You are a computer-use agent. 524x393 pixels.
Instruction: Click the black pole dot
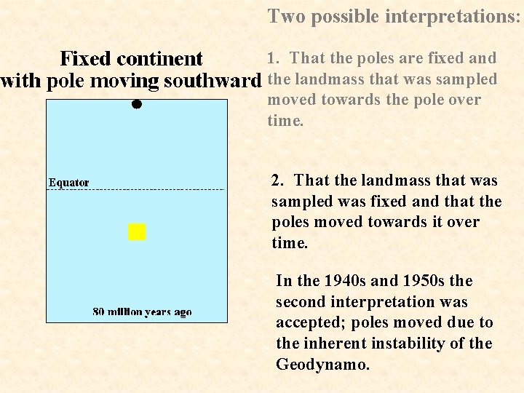(x=136, y=104)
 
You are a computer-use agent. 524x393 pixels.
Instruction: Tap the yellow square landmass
(x=137, y=231)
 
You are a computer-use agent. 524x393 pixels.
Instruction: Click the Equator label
(x=69, y=182)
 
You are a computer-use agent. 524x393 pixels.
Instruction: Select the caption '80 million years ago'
(x=142, y=311)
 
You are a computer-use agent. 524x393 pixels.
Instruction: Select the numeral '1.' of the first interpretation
(x=273, y=58)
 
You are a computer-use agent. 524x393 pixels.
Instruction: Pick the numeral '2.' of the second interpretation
(x=279, y=180)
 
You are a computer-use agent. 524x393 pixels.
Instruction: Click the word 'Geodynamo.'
(x=323, y=364)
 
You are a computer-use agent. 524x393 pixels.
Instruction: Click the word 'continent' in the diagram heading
(x=159, y=58)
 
